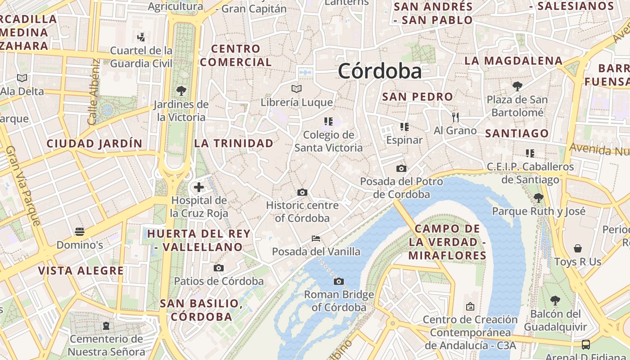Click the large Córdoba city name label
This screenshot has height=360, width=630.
[380, 71]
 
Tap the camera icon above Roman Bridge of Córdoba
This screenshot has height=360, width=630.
[339, 281]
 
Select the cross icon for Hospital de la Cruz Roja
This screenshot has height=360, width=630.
[199, 187]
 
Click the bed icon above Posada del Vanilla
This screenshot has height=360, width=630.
[316, 238]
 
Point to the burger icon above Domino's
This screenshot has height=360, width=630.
[80, 232]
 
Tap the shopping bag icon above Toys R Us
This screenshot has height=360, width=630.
[578, 248]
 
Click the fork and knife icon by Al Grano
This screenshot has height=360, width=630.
[455, 117]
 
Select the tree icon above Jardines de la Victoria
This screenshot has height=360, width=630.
[181, 91]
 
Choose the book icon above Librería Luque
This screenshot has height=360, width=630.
[297, 89]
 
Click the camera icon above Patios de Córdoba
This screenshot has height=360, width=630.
[219, 268]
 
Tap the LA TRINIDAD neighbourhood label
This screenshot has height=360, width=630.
[234, 144]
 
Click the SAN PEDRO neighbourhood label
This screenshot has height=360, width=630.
[417, 97]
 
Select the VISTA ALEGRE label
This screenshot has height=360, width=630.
[81, 270]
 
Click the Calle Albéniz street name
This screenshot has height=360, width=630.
[93, 92]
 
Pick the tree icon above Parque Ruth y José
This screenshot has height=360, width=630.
[538, 198]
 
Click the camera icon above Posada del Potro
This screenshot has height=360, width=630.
[401, 169]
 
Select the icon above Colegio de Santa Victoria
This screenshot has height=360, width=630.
[328, 121]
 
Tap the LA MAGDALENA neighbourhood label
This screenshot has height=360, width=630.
[513, 61]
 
